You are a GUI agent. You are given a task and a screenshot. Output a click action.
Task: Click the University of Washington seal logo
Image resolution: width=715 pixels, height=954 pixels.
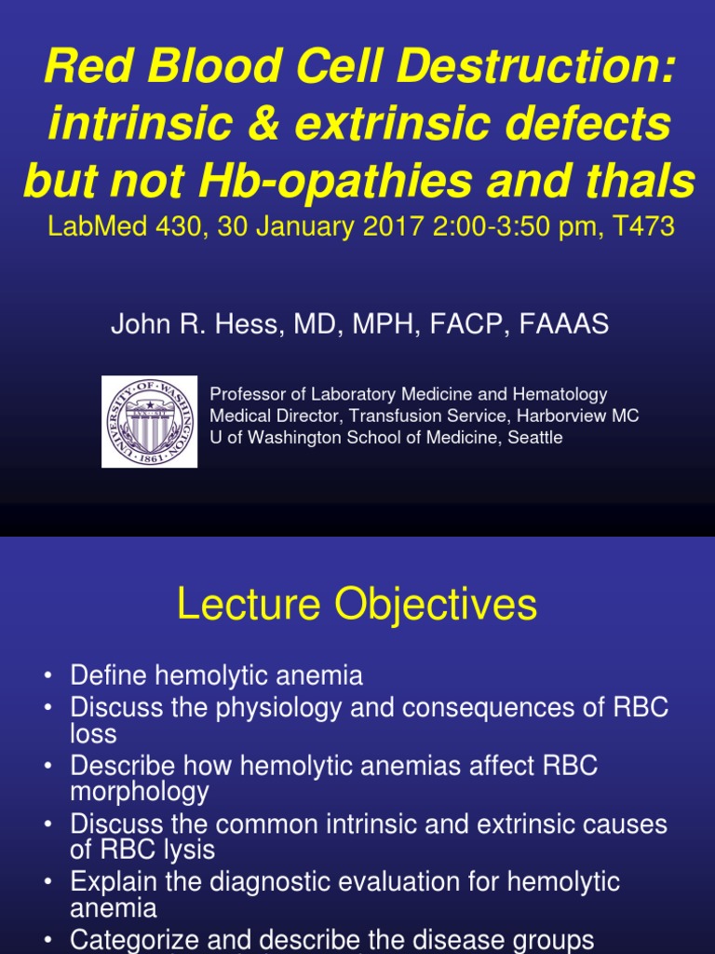coord(149,421)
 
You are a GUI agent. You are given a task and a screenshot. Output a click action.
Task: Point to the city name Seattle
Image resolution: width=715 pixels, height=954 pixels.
coord(534,437)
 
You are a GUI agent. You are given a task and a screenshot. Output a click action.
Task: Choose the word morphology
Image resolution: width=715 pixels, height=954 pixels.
coord(140,792)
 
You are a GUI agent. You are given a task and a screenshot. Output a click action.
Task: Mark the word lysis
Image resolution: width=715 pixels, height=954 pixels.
coord(192,850)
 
